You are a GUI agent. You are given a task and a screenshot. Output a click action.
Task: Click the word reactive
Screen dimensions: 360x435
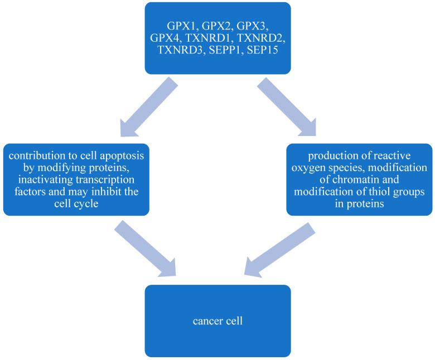(x=393, y=154)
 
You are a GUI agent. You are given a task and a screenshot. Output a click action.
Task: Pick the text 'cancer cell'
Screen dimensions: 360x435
(x=217, y=321)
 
